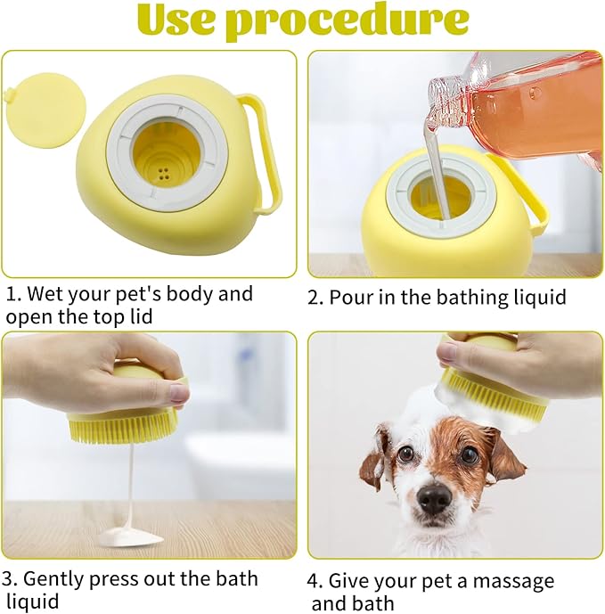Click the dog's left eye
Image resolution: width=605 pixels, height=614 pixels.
click(406, 454)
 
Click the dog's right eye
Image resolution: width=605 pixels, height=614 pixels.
click(469, 455)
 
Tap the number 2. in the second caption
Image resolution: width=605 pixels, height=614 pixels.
click(316, 298)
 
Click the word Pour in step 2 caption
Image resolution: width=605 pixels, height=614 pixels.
click(348, 298)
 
